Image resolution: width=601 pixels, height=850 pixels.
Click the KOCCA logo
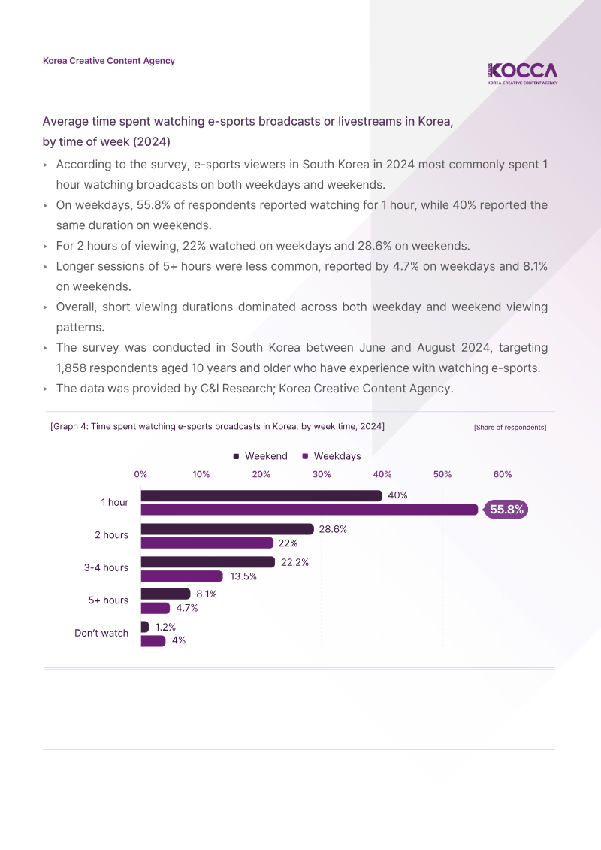522,74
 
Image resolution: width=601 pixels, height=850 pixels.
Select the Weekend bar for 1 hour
261,495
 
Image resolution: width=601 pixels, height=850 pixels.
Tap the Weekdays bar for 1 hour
310,510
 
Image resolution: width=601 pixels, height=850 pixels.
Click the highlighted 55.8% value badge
506,510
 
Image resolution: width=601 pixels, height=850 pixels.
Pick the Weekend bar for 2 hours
227,529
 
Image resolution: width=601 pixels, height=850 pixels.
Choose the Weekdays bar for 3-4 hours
182,576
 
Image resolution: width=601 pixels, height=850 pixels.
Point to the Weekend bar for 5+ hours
165,594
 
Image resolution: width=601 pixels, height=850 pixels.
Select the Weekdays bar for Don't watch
153,641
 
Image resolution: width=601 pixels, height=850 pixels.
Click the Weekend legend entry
260,456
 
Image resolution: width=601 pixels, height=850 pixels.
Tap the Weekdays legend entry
331,456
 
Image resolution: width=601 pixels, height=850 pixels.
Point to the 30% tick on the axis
322,474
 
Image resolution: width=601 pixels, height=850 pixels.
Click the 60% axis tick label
503,474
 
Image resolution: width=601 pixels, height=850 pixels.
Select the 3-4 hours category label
106,567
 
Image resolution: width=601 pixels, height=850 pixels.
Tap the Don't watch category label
101,633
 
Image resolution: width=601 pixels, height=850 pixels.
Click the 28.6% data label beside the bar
333,529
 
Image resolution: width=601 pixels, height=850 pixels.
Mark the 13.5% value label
243,576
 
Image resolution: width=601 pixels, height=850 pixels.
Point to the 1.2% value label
165,628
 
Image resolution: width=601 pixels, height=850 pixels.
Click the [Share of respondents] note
510,427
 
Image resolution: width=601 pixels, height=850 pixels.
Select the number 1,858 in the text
71,368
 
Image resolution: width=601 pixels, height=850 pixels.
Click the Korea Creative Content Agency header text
109,61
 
